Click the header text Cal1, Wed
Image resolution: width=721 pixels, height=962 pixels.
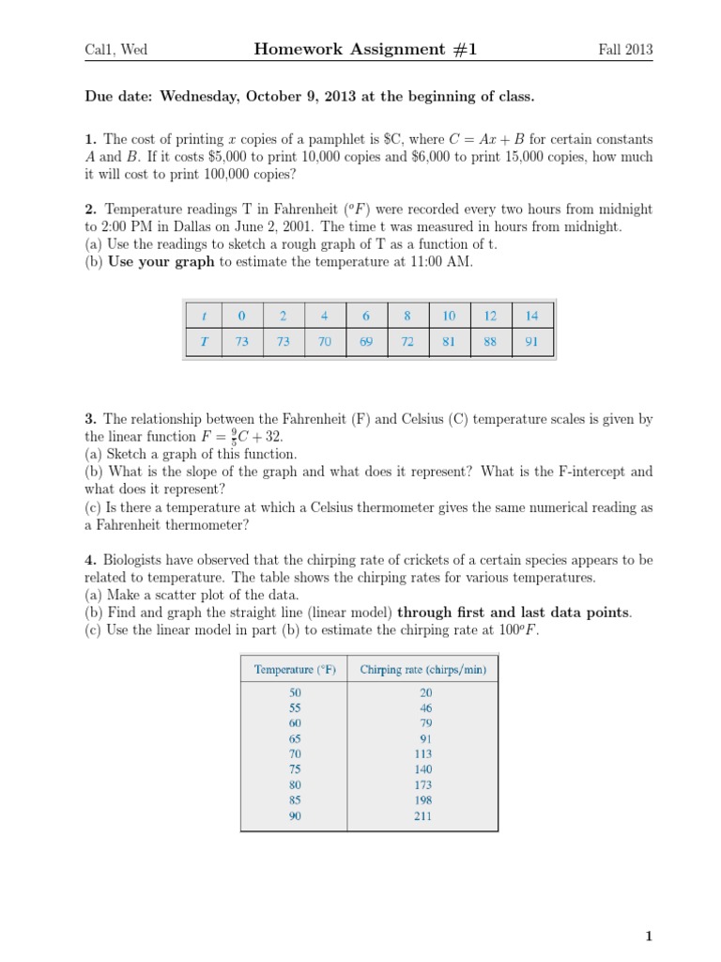(116, 51)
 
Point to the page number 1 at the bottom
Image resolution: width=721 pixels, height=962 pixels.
(648, 936)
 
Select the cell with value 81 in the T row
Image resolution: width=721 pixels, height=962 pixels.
(449, 342)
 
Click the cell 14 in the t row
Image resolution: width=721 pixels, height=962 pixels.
(531, 316)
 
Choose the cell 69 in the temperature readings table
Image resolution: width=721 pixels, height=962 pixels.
(366, 342)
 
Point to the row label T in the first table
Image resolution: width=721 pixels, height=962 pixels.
(204, 342)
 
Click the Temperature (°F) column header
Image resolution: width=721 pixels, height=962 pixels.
(295, 669)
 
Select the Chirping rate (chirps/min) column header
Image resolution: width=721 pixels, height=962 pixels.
(422, 669)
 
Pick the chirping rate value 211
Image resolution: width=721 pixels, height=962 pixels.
(422, 815)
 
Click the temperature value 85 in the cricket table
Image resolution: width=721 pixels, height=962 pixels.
(295, 800)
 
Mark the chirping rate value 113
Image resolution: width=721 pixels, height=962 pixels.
(422, 753)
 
